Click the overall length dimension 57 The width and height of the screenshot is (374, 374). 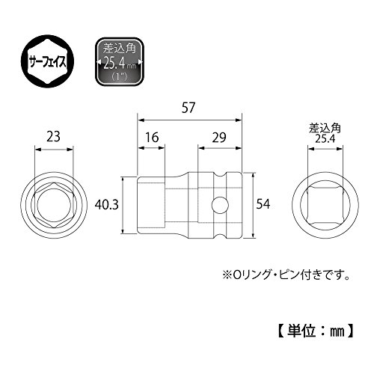tap(188, 108)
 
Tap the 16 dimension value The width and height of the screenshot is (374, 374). tap(152, 138)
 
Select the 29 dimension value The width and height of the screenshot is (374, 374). tap(219, 138)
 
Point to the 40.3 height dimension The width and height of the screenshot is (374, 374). tap(106, 205)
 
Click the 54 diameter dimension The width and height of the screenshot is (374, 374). tap(263, 204)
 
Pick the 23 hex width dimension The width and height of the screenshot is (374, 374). tap(53, 137)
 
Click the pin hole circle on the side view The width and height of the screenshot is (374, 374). tap(220, 205)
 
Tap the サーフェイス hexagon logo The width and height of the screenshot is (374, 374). tap(47, 61)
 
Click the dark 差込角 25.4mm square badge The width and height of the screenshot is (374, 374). tap(120, 61)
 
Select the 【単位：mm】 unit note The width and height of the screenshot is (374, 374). tap(316, 331)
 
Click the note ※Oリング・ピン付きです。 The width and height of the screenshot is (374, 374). tap(286, 275)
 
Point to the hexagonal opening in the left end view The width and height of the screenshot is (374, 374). tap(54, 205)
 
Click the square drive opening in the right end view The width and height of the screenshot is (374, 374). tap(325, 205)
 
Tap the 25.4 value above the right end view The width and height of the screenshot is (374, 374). tap(325, 138)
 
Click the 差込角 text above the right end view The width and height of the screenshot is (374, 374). tap(325, 129)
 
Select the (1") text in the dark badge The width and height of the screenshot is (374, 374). tap(119, 76)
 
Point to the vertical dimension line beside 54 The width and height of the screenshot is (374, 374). tap(254, 205)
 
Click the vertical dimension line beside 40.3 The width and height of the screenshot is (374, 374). tap(123, 205)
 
